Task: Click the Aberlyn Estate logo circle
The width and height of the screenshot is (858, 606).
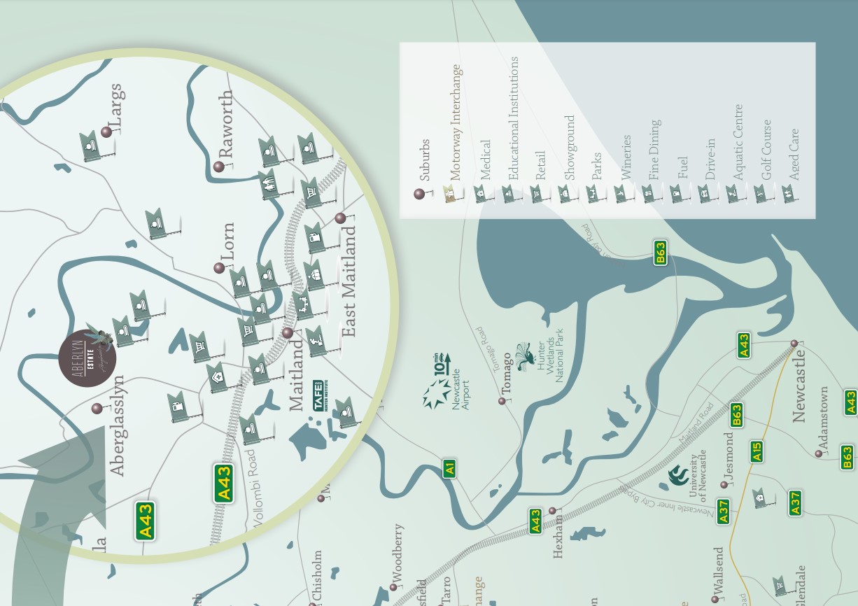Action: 87,360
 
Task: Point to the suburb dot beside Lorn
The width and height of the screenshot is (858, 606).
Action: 219,268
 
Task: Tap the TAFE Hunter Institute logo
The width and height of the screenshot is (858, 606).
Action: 318,397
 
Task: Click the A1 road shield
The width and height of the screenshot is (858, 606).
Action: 450,468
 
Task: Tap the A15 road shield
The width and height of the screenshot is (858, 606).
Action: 757,451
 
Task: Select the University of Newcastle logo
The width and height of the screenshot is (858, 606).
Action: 678,477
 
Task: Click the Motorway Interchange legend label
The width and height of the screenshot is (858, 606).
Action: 457,124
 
